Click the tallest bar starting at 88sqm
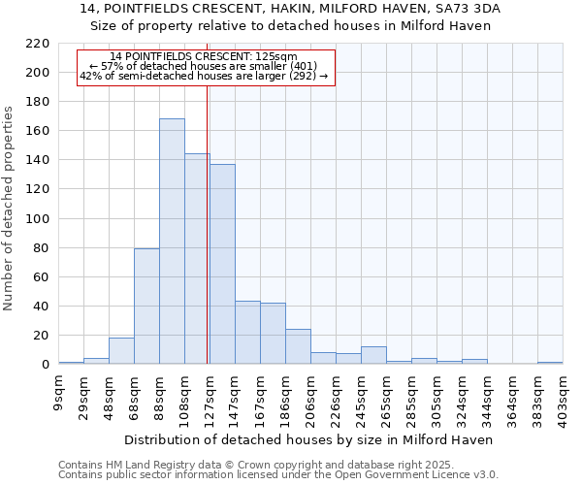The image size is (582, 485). pos(172,242)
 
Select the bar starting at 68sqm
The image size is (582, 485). pos(146,307)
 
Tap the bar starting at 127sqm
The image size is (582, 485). pos(222,264)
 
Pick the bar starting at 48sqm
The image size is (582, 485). pos(121,351)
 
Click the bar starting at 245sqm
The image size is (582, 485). pos(373,355)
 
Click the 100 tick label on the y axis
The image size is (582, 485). pos(38,219)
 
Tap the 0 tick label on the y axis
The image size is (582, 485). pos(45,365)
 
